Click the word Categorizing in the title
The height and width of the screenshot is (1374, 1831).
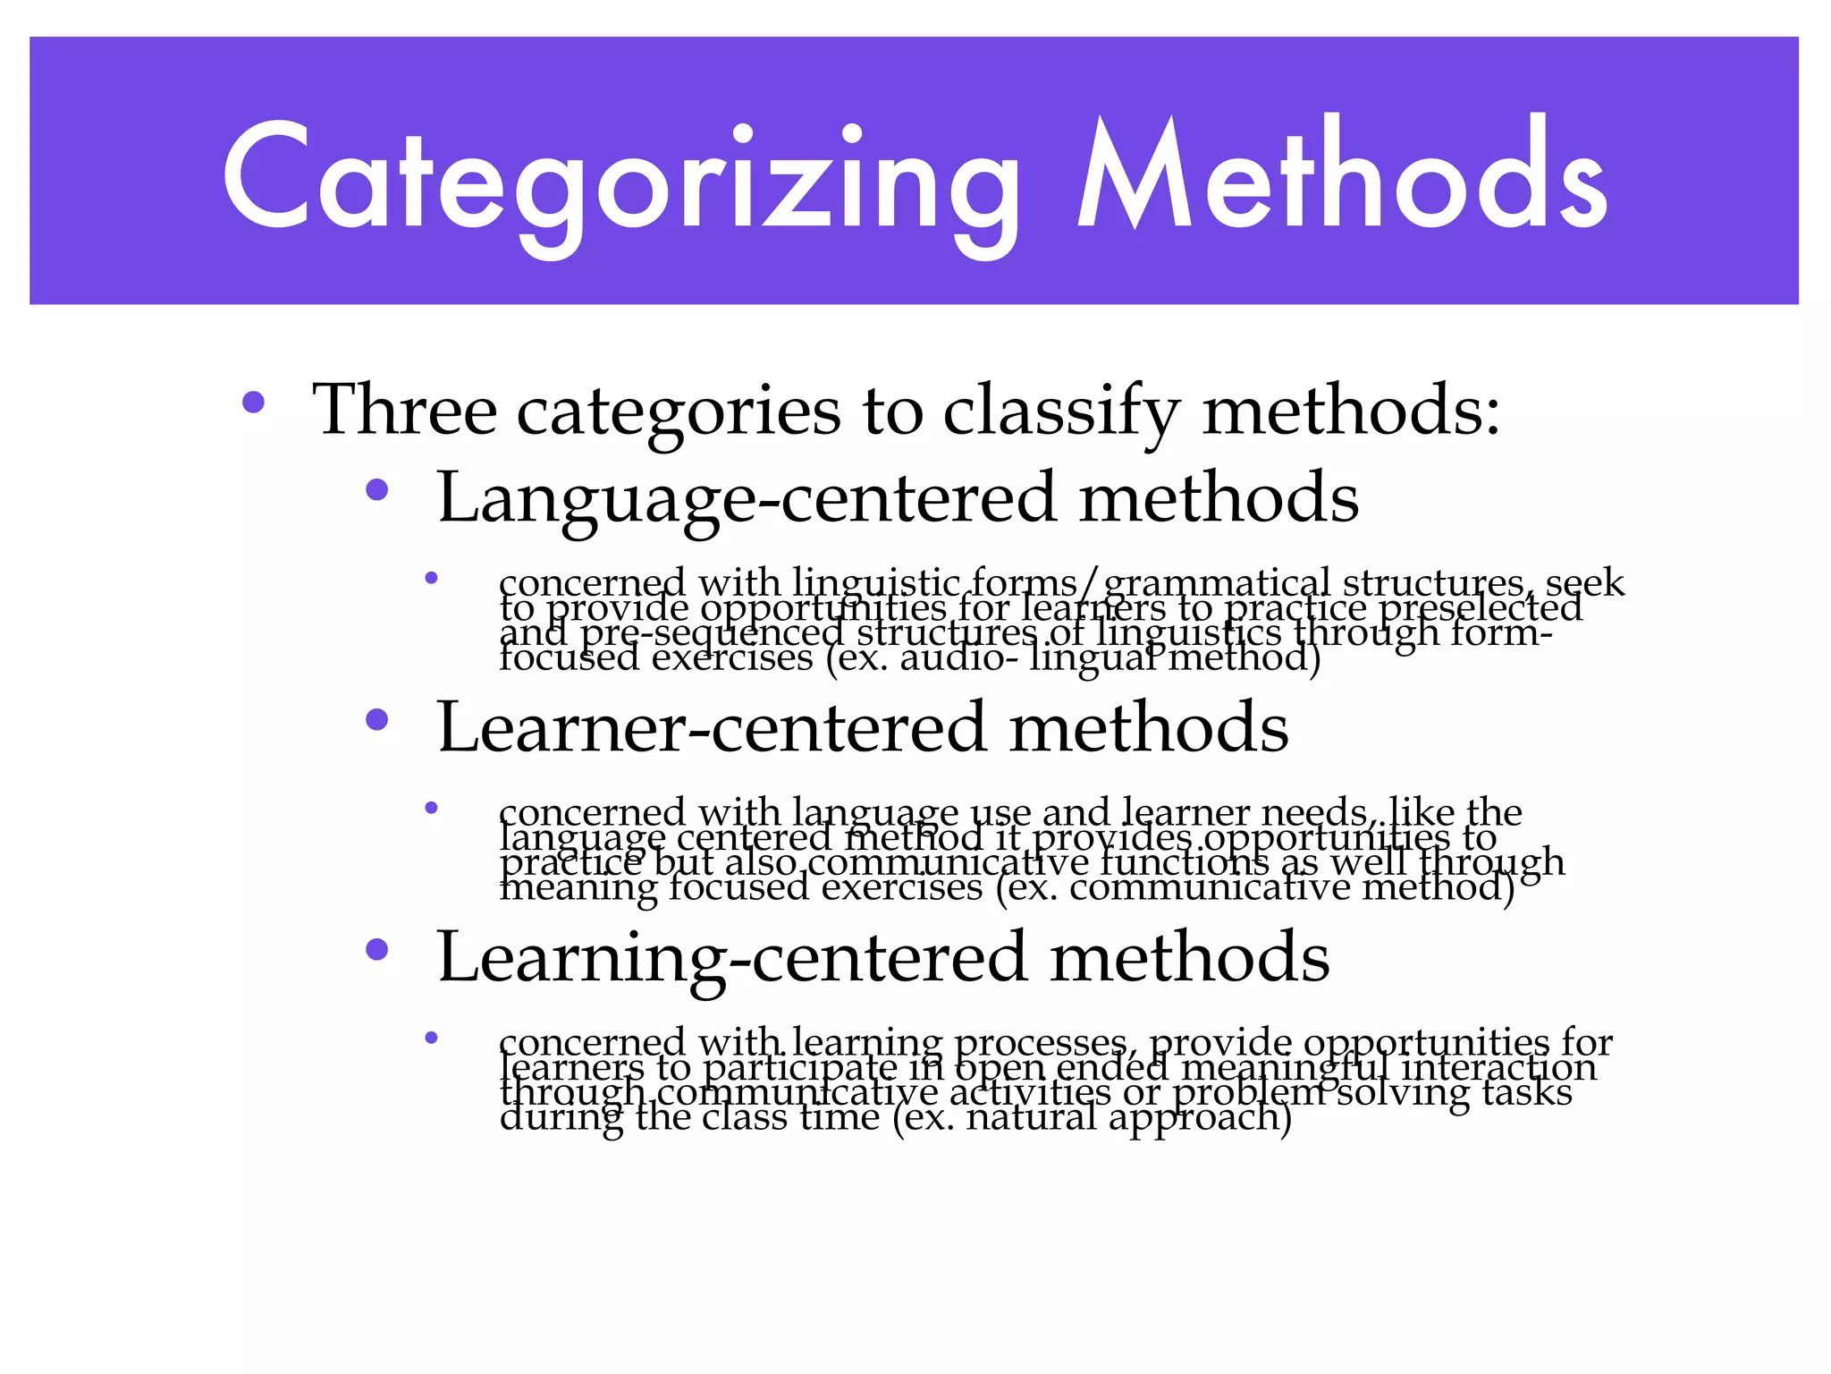coord(620,179)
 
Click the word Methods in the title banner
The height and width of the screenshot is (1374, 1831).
coord(1341,174)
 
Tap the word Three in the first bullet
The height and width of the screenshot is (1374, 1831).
coord(404,410)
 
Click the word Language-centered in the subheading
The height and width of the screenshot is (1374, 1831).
coord(747,498)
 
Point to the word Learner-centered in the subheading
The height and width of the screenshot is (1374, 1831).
coord(711,727)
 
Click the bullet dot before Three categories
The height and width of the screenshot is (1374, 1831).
coord(253,403)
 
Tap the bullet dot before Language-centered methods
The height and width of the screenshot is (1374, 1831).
coord(377,489)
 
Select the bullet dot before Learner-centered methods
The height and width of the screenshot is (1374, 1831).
coord(377,719)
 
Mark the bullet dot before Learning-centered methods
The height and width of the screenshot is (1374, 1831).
coord(377,949)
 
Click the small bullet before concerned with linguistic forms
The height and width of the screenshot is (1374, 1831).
coord(431,578)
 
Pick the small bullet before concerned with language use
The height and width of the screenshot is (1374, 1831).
coord(431,808)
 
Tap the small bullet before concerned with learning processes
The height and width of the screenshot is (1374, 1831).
coord(431,1038)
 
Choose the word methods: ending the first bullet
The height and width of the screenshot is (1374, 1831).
coord(1351,410)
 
